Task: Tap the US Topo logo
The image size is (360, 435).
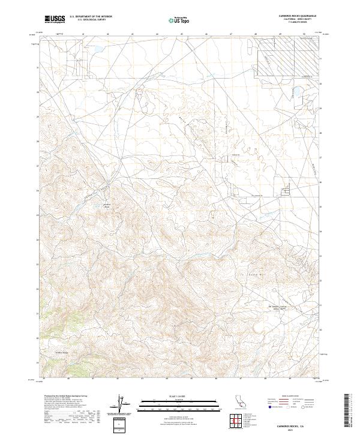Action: (179, 20)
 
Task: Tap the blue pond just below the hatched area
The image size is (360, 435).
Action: (295, 91)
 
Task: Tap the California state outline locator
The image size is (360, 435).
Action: (240, 402)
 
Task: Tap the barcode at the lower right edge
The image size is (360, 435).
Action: (347, 411)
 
